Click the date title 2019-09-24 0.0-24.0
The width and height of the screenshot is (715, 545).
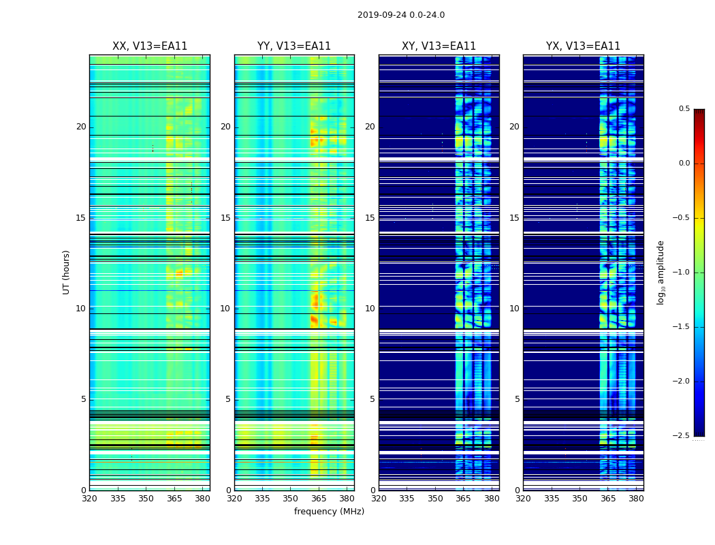(401, 15)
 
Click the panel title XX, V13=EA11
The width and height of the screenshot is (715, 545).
(150, 46)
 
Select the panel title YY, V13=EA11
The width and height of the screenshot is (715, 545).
(294, 46)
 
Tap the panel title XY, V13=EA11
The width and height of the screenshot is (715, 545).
(439, 46)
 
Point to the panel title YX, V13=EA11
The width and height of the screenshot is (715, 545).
(583, 46)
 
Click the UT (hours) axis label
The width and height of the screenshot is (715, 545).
(67, 272)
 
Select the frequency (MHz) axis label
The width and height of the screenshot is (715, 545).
(329, 512)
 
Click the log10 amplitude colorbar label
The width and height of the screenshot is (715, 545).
(661, 272)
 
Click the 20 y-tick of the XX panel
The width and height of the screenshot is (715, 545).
(82, 127)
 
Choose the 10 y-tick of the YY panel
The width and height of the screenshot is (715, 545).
(226, 309)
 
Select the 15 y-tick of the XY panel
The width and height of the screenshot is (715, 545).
(370, 218)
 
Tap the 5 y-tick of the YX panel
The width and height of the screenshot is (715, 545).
(518, 399)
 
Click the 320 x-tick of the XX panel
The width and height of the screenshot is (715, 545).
(89, 499)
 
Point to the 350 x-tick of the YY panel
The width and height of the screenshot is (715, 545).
(291, 499)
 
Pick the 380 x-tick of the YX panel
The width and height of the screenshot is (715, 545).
(636, 499)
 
